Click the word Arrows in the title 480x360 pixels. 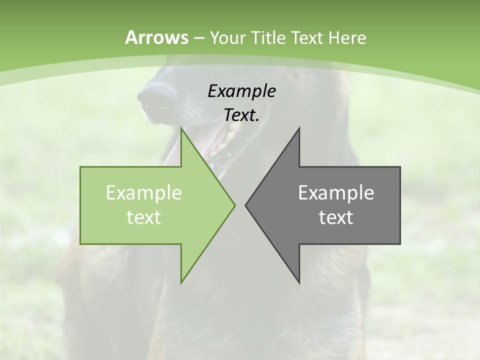pos(156,37)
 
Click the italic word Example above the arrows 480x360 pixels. pos(241,91)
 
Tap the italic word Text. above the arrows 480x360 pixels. pos(241,115)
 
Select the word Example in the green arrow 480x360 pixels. pos(144,193)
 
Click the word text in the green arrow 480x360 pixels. pos(144,217)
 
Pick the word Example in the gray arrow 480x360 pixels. pos(336,193)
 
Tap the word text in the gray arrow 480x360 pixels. pos(336,217)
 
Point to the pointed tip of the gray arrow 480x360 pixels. pos(246,205)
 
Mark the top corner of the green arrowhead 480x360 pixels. pos(181,129)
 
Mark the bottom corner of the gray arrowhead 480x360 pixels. pos(299,282)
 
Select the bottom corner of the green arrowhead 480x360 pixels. pos(181,282)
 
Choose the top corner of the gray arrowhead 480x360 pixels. pos(299,129)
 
